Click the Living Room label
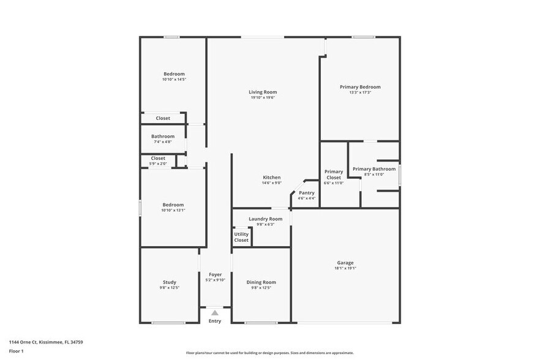(x=263, y=92)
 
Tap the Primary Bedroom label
(x=360, y=87)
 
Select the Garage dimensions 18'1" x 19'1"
(x=345, y=268)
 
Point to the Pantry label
(x=306, y=193)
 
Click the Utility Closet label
(x=241, y=237)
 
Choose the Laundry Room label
(x=265, y=219)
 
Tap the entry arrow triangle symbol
(x=214, y=313)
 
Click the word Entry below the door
(x=215, y=321)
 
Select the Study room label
(x=169, y=282)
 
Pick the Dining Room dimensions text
(x=261, y=288)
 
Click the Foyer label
(x=215, y=274)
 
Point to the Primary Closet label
(x=334, y=174)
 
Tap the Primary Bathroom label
(x=374, y=169)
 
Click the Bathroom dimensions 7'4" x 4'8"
(x=163, y=142)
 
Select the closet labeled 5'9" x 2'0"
(x=158, y=161)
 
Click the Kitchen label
(x=272, y=178)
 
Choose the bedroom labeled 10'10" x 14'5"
(x=173, y=77)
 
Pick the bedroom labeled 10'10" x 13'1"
(x=173, y=207)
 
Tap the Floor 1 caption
(x=16, y=351)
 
